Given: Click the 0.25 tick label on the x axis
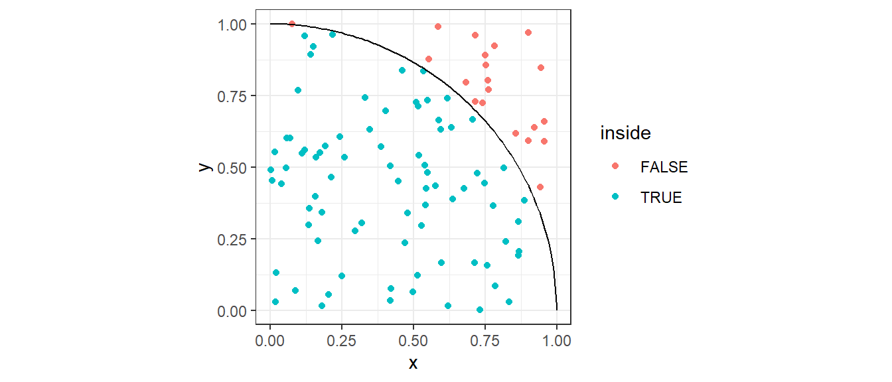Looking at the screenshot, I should coord(342,340).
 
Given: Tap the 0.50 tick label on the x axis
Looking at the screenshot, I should coord(413,340).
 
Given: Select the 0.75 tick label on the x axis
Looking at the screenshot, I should coord(485,340).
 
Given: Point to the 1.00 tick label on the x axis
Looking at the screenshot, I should coord(557,340).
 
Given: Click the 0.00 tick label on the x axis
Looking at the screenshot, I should coord(270,340).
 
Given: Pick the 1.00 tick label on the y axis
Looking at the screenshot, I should coord(233,25).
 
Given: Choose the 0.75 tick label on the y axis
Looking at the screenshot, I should coord(233,96).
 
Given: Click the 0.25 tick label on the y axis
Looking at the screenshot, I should coord(233,239).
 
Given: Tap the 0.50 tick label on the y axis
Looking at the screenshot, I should coord(233,168).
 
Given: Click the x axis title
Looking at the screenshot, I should coord(413,363).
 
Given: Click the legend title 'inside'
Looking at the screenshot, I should coord(625,133).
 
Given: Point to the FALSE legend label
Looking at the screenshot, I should coord(664,168).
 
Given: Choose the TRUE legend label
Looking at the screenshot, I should coord(661,197).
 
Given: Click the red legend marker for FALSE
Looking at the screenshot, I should coord(615,167).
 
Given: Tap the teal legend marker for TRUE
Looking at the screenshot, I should coord(615,197).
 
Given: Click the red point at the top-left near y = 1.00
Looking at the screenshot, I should coord(291,24).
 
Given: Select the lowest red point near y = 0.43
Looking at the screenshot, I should coord(540,187).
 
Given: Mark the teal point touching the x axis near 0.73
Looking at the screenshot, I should coord(480,310).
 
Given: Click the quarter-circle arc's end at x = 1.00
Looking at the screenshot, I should coord(557,310).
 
